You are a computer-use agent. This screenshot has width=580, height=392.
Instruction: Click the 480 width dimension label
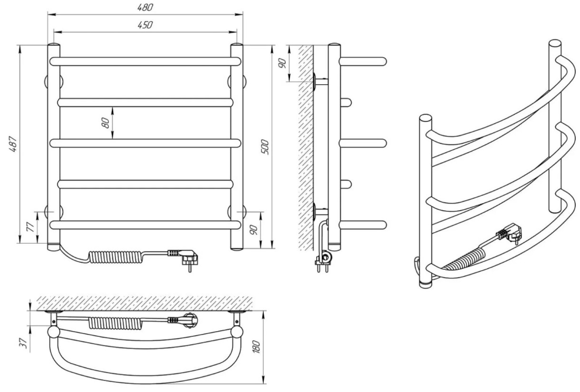coord(145,7)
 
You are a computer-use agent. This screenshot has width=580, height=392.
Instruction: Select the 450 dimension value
coord(145,25)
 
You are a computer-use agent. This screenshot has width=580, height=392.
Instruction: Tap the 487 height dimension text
coord(13,144)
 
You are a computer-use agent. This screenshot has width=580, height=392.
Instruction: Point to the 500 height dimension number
coord(265,147)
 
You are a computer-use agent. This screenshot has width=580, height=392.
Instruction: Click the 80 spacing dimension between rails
coord(106,123)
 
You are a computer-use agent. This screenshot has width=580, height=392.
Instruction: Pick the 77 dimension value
coord(30,227)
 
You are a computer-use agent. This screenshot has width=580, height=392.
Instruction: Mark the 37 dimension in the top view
coord(23,343)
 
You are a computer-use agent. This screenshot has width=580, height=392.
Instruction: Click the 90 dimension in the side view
coord(282,63)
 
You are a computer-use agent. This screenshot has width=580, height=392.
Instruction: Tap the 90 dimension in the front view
coord(254,230)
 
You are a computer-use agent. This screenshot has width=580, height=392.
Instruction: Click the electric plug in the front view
coord(184,259)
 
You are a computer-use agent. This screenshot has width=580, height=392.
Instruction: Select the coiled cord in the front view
coord(116,257)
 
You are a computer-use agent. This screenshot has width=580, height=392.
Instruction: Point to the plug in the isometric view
coord(509,234)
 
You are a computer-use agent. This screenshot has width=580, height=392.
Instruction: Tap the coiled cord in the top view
coord(116,323)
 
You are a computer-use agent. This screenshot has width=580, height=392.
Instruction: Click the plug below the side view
coord(324,260)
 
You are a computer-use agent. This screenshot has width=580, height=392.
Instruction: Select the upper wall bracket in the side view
coord(320,82)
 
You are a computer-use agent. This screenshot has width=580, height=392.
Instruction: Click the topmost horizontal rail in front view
coord(145,61)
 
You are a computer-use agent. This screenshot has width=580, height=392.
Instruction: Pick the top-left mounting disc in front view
coord(54,82)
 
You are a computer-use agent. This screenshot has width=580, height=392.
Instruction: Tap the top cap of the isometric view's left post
coord(425,118)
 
